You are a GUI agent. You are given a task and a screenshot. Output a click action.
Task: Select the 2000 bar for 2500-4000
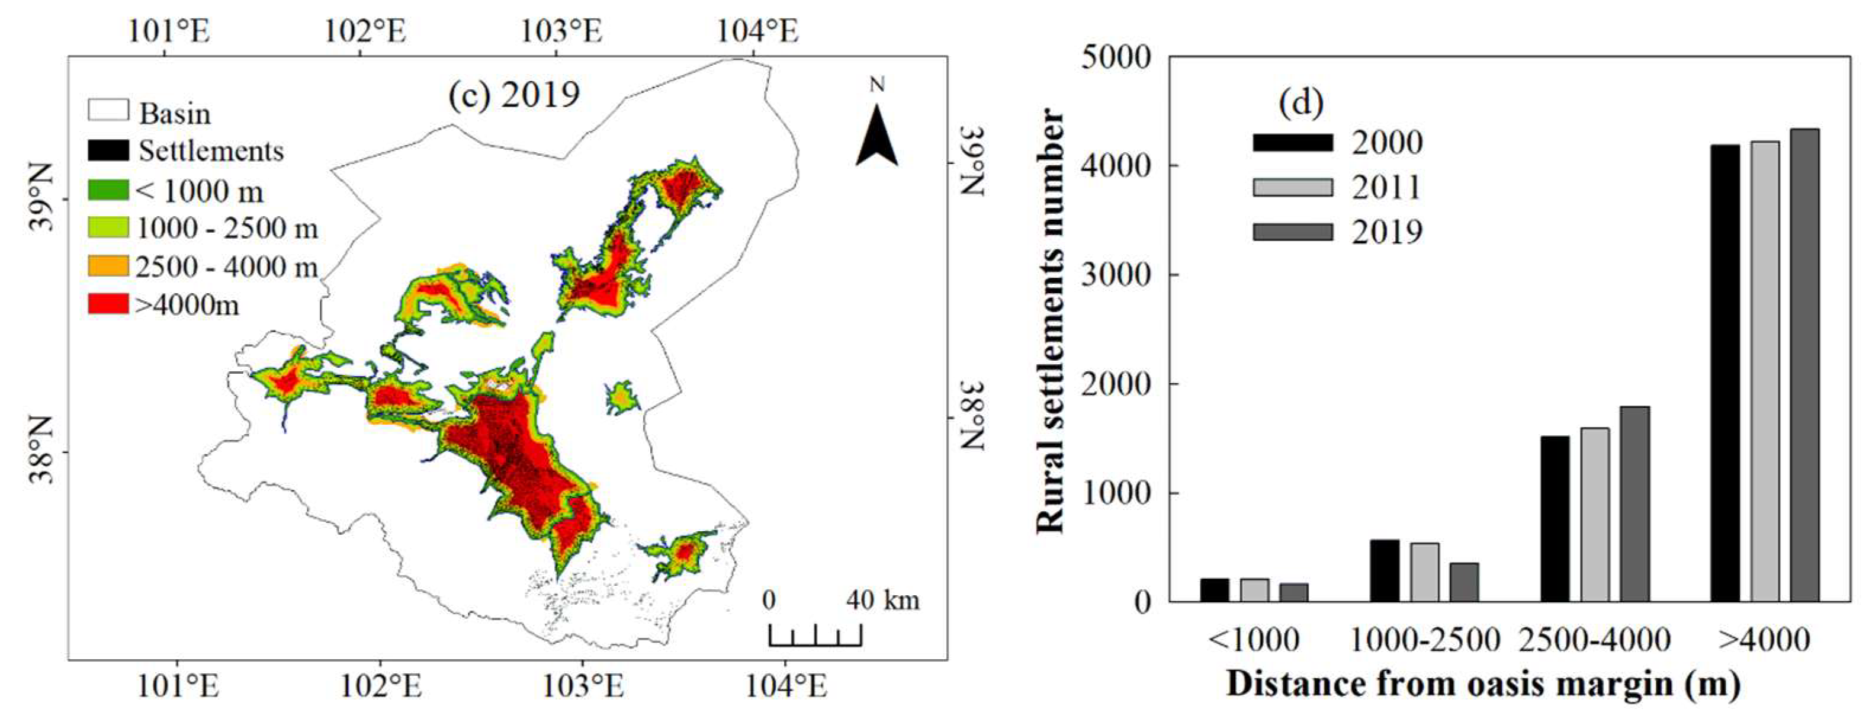click(1554, 518)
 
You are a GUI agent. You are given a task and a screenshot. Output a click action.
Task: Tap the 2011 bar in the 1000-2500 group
click(1424, 572)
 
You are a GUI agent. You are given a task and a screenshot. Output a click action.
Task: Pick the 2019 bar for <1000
click(1293, 592)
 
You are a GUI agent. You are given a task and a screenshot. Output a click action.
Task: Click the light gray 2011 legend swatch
click(1292, 187)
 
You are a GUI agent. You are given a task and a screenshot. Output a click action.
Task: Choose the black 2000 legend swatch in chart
click(1292, 142)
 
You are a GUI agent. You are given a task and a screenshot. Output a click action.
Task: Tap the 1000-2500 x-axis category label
click(1424, 640)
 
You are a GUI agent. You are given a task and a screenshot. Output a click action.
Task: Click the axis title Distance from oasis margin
click(1483, 684)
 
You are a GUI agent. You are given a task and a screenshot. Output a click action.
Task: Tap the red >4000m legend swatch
click(108, 304)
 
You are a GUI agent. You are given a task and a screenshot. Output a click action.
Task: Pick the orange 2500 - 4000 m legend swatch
click(108, 265)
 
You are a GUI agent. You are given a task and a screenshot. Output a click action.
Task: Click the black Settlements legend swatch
click(108, 150)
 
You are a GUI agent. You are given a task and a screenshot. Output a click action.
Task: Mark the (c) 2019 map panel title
click(513, 95)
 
